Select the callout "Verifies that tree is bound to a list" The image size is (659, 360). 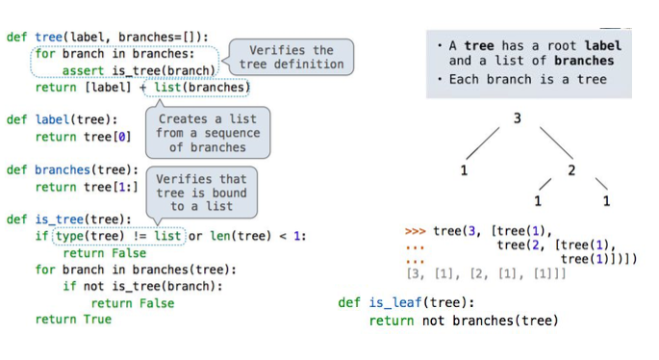201,193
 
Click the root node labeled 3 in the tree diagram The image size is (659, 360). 517,118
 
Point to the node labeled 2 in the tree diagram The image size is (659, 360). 571,170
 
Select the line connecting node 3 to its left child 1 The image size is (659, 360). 488,145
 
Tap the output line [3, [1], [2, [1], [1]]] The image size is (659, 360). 487,274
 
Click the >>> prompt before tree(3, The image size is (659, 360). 415,231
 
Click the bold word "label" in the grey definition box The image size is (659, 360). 603,45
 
